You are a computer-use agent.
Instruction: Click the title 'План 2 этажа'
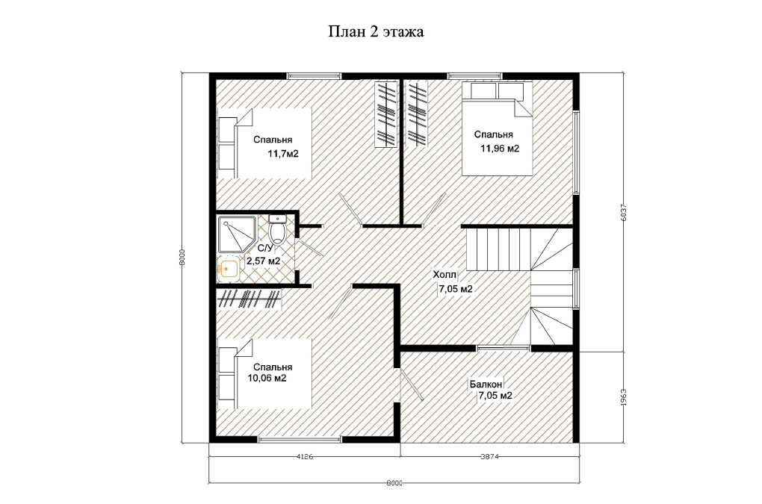(376, 32)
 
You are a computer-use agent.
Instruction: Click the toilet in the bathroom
(277, 228)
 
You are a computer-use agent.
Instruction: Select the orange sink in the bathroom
(229, 268)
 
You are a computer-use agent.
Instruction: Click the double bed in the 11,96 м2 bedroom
(497, 128)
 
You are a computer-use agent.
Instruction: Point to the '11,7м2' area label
(283, 154)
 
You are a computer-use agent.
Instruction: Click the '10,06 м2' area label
(267, 379)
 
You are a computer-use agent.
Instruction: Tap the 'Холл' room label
(444, 275)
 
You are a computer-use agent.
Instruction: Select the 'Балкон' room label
(486, 384)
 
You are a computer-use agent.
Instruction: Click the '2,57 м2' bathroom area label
(264, 261)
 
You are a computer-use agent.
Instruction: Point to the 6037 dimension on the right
(624, 212)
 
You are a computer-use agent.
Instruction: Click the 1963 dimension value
(624, 396)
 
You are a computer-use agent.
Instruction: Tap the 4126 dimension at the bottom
(304, 456)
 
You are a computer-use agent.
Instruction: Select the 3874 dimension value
(490, 456)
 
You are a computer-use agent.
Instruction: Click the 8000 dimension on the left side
(182, 257)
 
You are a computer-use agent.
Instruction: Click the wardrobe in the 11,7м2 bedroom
(385, 114)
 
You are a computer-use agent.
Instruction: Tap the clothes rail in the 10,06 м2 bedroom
(249, 299)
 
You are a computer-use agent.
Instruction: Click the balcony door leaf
(412, 384)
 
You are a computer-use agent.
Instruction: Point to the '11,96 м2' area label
(500, 149)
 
